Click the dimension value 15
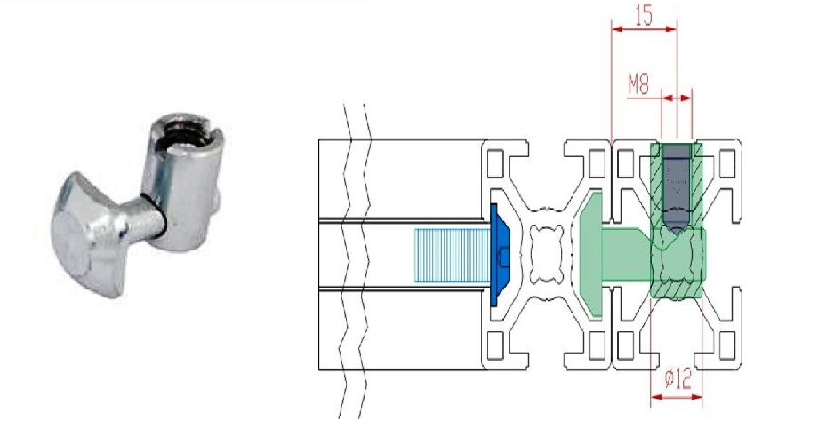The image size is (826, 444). [x=644, y=15]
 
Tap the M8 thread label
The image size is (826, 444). [x=638, y=84]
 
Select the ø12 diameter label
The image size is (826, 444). [x=678, y=378]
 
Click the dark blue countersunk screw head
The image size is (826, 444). [x=500, y=255]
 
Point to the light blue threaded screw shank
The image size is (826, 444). [x=453, y=255]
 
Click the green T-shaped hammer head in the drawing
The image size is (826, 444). [x=590, y=255]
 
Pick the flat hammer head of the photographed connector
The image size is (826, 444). [x=90, y=235]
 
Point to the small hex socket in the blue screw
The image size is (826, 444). [x=504, y=256]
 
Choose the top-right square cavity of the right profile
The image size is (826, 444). [x=727, y=163]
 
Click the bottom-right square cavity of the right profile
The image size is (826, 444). [x=727, y=345]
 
